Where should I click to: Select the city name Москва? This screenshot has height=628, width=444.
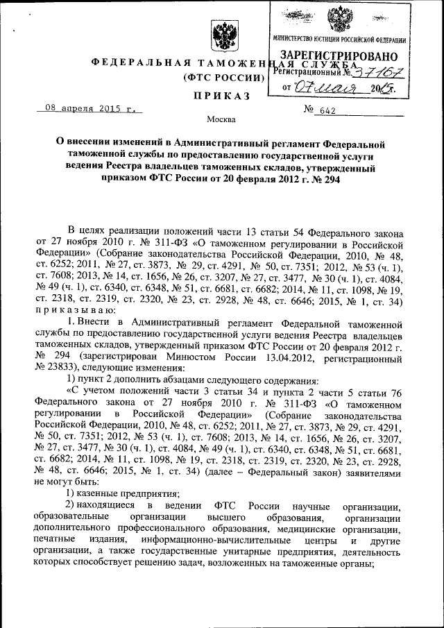[221, 119]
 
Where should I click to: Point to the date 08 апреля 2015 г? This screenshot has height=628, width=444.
[87, 109]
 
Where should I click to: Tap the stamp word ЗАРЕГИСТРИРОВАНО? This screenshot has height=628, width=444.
[339, 56]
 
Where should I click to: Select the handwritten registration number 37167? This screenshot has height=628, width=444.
[375, 71]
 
